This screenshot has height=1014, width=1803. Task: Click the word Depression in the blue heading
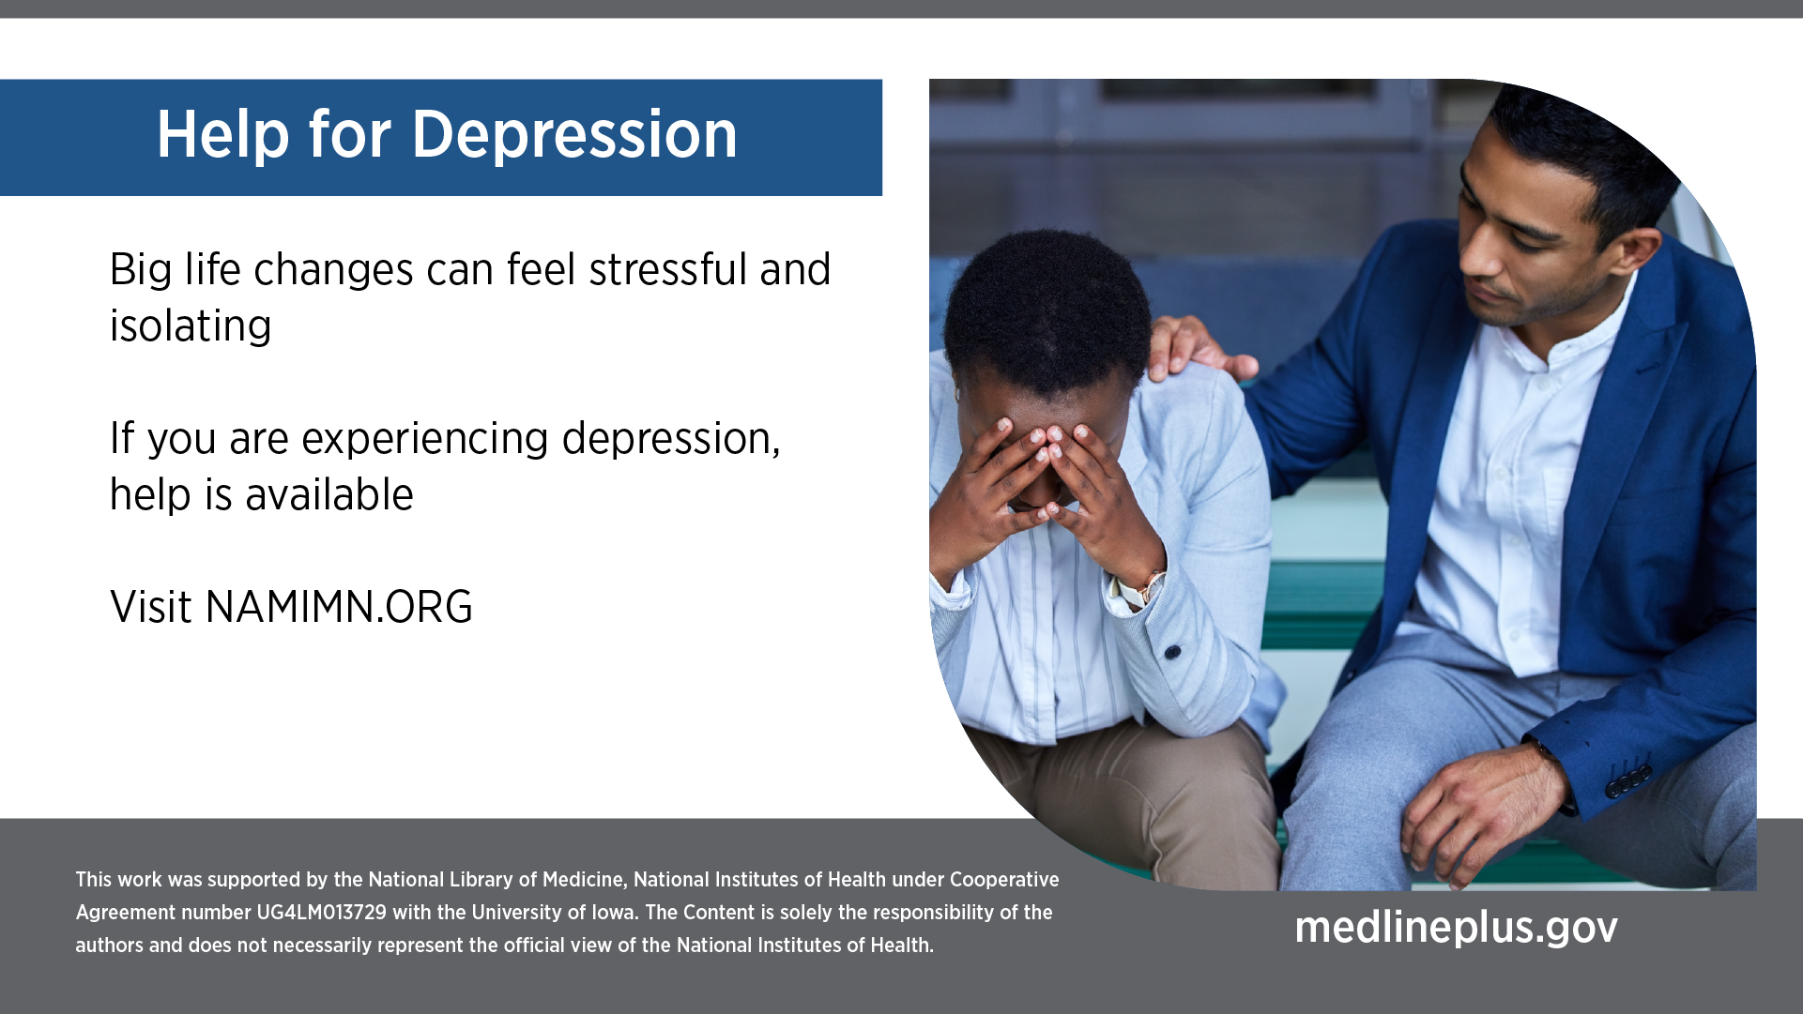[x=574, y=134]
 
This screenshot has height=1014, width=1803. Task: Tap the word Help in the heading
[x=223, y=134]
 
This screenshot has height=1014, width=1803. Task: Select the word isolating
[x=191, y=327]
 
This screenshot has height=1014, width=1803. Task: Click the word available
[x=329, y=494]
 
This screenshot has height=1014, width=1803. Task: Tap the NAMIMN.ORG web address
[x=339, y=607]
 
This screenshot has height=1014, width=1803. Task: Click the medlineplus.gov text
[x=1457, y=928]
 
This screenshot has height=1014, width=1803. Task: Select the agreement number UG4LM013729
[x=321, y=913]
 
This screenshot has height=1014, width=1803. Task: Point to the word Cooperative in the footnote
[x=1004, y=880]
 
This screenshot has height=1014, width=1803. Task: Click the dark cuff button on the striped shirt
[x=1172, y=651]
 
